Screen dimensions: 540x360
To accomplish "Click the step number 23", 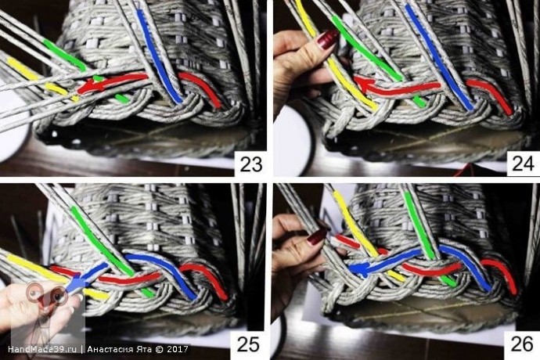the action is pos(251,164).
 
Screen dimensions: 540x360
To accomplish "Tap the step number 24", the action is pos(523,164).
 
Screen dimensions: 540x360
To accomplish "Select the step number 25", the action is pos(249,344).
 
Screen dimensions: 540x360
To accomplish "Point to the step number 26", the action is pos(522,344).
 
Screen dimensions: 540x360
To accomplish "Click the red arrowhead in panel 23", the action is pos(87,88).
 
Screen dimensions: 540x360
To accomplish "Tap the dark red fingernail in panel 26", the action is pos(317,237).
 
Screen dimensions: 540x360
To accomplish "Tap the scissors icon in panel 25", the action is pos(46,296).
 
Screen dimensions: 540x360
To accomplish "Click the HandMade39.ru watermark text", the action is pos(42,349).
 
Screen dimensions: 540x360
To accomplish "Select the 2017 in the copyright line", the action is pos(178,349).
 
